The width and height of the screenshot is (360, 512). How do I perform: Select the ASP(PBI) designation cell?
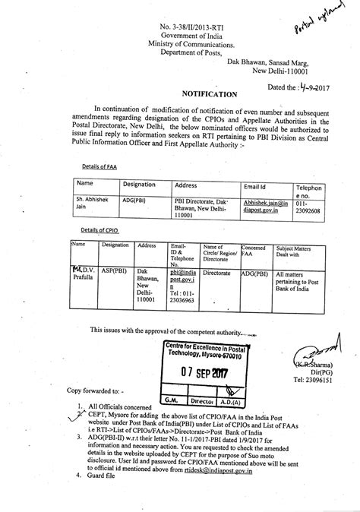[x=115, y=271]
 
